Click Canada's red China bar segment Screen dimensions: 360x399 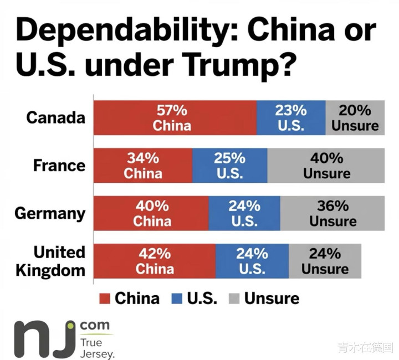175,117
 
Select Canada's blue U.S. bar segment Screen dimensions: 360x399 291,117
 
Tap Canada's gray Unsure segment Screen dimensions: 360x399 355,117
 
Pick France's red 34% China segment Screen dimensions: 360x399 143,166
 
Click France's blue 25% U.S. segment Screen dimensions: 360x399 230,166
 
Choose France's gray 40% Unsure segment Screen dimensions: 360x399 326,166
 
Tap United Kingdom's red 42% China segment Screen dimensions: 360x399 155,261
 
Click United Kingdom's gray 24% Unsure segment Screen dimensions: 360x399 325,261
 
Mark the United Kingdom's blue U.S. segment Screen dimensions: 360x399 252,261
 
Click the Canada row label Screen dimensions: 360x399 56,117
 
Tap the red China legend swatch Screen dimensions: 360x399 105,299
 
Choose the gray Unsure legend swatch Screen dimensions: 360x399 234,299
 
